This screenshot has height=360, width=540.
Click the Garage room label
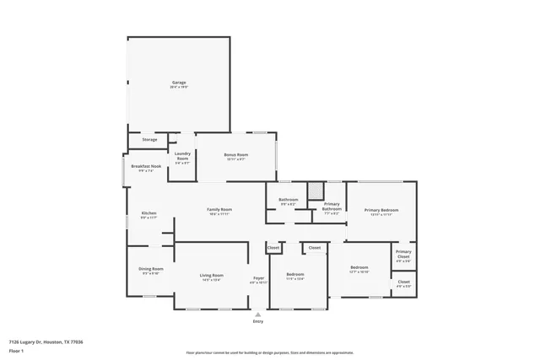(179, 83)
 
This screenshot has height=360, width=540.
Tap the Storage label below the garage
(149, 139)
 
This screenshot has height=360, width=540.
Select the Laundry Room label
(182, 155)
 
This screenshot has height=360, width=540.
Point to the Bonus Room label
(235, 155)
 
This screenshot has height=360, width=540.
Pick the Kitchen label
(148, 213)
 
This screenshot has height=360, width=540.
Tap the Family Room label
(219, 210)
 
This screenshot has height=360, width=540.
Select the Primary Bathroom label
(332, 207)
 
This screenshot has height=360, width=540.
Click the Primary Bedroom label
(381, 210)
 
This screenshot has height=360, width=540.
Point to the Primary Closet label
(403, 252)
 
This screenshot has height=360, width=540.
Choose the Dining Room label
(150, 269)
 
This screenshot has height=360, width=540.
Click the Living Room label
(211, 276)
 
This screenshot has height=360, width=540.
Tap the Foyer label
(258, 279)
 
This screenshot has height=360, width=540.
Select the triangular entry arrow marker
(258, 314)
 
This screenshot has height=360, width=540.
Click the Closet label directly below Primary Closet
(403, 282)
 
